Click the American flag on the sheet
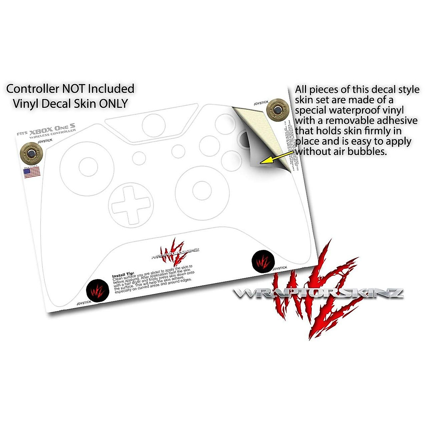32,173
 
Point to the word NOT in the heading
72,89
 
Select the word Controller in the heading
31,89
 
